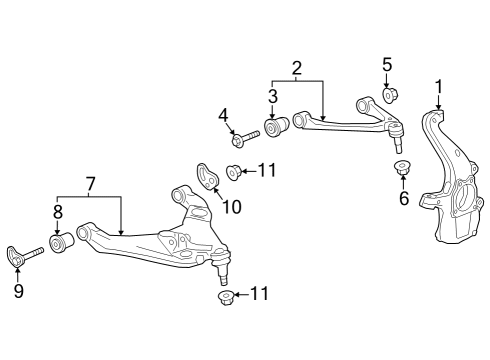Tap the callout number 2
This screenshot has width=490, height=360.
(x=297, y=68)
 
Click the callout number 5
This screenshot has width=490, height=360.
(x=387, y=67)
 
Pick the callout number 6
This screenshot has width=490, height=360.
(x=404, y=198)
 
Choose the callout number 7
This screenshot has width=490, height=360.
(x=90, y=183)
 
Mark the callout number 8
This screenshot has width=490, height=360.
(x=57, y=212)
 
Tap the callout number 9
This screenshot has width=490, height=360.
(x=17, y=293)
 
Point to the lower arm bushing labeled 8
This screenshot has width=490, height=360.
(x=62, y=243)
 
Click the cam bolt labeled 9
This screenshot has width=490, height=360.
(x=24, y=255)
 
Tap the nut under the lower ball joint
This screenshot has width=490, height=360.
(x=225, y=297)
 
